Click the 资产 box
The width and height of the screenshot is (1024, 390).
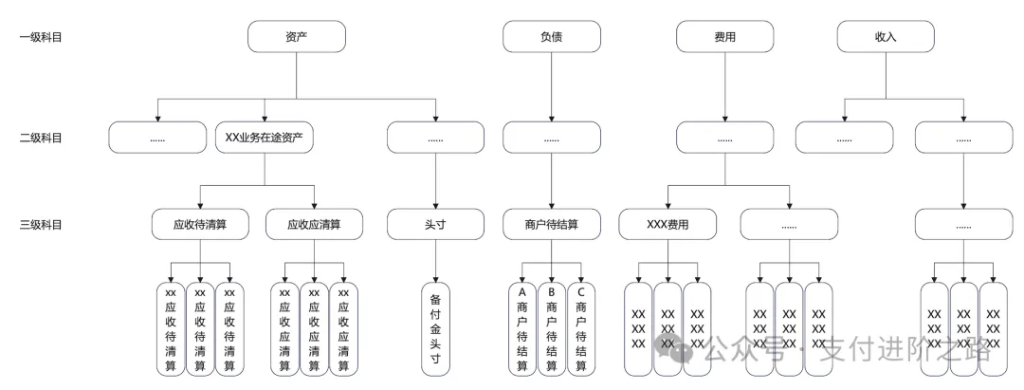pyautogui.click(x=297, y=37)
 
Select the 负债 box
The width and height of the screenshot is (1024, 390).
pyautogui.click(x=552, y=37)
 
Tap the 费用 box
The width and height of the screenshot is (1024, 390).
pyautogui.click(x=725, y=37)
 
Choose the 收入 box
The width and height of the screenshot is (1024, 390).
pyautogui.click(x=887, y=37)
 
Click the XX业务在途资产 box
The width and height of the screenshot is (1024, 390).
pyautogui.click(x=265, y=138)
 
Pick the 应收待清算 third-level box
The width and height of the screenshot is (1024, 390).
pyautogui.click(x=199, y=225)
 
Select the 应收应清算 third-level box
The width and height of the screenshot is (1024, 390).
pyautogui.click(x=315, y=225)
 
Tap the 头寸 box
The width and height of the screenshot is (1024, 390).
pyautogui.click(x=436, y=225)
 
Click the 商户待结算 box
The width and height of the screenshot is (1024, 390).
pyautogui.click(x=552, y=225)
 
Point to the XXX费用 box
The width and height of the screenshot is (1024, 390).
pyautogui.click(x=667, y=225)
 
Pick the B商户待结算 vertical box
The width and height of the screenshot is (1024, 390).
pyautogui.click(x=552, y=327)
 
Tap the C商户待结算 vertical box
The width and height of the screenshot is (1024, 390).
pyautogui.click(x=581, y=327)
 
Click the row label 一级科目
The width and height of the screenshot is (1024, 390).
pyautogui.click(x=41, y=37)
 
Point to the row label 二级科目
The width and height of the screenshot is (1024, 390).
pyautogui.click(x=41, y=138)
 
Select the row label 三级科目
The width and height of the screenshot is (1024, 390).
pyautogui.click(x=41, y=225)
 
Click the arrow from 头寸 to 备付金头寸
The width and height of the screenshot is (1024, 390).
pyautogui.click(x=436, y=261)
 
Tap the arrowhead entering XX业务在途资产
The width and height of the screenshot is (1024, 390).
pyautogui.click(x=265, y=118)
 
